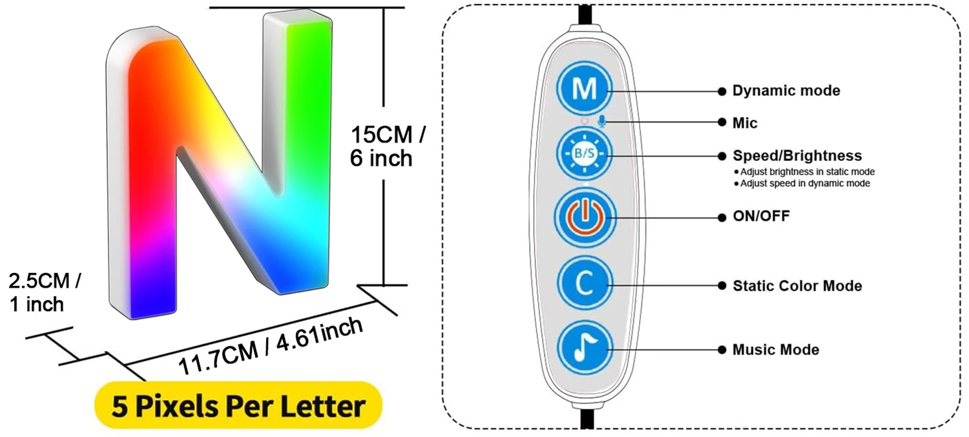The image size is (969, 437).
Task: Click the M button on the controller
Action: pos(585,89)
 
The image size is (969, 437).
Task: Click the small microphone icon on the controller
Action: pos(601,121)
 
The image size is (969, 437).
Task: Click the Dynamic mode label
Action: pos(786,91)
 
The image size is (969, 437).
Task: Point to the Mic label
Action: pos(745,122)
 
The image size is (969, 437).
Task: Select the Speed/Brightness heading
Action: pos(797,156)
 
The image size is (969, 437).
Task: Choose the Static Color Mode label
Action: pos(797,285)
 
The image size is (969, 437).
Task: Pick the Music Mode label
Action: pos(775,350)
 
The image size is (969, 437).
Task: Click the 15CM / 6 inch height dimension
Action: pos(388,146)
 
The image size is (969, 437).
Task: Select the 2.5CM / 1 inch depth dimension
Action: pos(45,292)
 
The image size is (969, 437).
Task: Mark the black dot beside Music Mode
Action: pos(721,350)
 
